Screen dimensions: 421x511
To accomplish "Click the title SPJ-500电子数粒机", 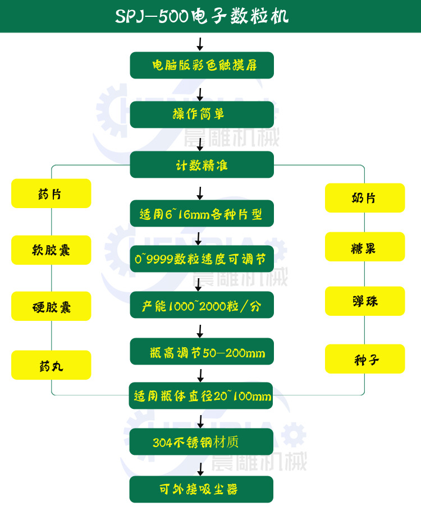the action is [x=202, y=16].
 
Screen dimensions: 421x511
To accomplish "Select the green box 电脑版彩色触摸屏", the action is [x=202, y=65].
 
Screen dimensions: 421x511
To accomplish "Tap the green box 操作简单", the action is [x=202, y=114].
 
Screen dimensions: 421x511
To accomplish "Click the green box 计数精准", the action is [x=202, y=164].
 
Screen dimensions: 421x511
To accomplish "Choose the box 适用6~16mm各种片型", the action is [x=202, y=214].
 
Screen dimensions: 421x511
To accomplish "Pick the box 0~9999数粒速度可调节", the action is [x=202, y=259].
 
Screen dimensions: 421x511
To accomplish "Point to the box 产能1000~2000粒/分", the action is [x=202, y=305].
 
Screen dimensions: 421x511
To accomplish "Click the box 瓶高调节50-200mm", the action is [x=202, y=351].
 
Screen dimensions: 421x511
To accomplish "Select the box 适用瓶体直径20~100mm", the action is [x=201, y=395].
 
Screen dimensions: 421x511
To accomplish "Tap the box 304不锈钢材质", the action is [x=201, y=441].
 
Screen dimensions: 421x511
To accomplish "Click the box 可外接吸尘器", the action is [x=201, y=489].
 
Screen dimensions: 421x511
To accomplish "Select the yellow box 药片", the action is [x=51, y=194].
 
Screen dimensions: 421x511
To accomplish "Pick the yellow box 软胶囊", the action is [x=51, y=250].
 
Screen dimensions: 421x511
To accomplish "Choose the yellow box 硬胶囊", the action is [x=51, y=306].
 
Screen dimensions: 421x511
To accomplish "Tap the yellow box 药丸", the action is [x=51, y=365].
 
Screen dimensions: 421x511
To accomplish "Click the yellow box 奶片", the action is [x=365, y=198].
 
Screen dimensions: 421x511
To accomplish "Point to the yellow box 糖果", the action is [x=365, y=246].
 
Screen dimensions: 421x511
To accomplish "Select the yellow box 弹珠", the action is [x=365, y=301].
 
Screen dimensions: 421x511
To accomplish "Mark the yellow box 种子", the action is [x=365, y=359].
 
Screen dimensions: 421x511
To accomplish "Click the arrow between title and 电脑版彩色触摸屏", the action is [x=200, y=44].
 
